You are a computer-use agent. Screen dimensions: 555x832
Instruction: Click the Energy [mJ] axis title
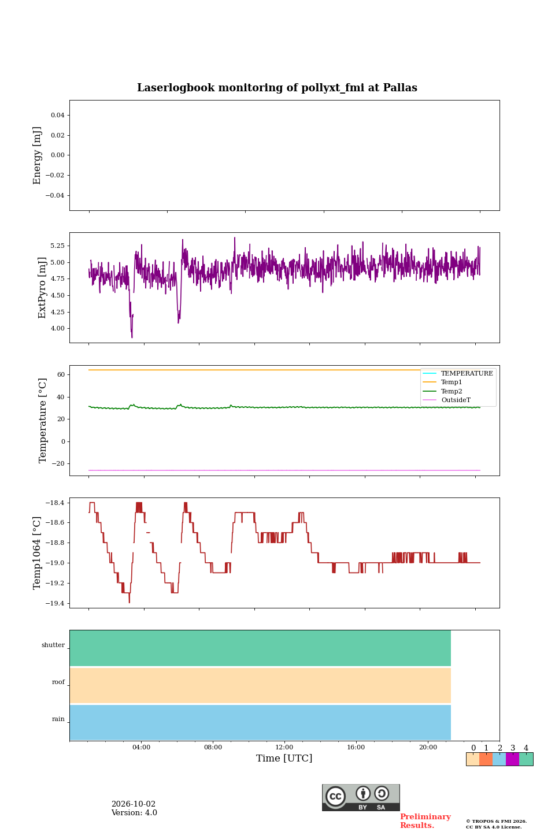coord(36,155)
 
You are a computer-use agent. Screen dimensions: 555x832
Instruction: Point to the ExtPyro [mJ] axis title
coord(42,288)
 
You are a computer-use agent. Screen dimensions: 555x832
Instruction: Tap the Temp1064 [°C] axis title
coord(36,553)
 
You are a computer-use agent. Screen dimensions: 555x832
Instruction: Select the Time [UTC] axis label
coord(284,758)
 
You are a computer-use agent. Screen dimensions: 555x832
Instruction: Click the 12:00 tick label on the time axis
coord(284,747)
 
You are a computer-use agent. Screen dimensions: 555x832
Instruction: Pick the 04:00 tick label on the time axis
coord(141,747)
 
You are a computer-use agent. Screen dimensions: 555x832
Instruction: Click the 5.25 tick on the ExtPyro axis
coord(57,246)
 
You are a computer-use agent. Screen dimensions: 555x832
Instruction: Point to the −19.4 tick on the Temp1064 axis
coord(55,603)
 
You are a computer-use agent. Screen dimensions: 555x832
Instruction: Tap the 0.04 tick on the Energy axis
coord(58,115)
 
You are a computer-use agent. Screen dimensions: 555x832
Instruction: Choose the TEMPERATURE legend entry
coord(458,373)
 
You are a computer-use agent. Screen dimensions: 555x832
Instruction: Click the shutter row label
coord(53,645)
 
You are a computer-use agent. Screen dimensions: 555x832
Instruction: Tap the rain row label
coord(58,719)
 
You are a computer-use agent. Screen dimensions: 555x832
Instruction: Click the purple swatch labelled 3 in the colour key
coord(512,759)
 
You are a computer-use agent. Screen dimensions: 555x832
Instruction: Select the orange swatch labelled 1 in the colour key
coord(486,759)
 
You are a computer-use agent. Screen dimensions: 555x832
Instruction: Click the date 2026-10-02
coord(134,804)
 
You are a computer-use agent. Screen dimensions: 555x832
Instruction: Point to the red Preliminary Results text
coord(425,821)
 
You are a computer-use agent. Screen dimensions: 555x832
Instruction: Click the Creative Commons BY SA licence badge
coord(361,797)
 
